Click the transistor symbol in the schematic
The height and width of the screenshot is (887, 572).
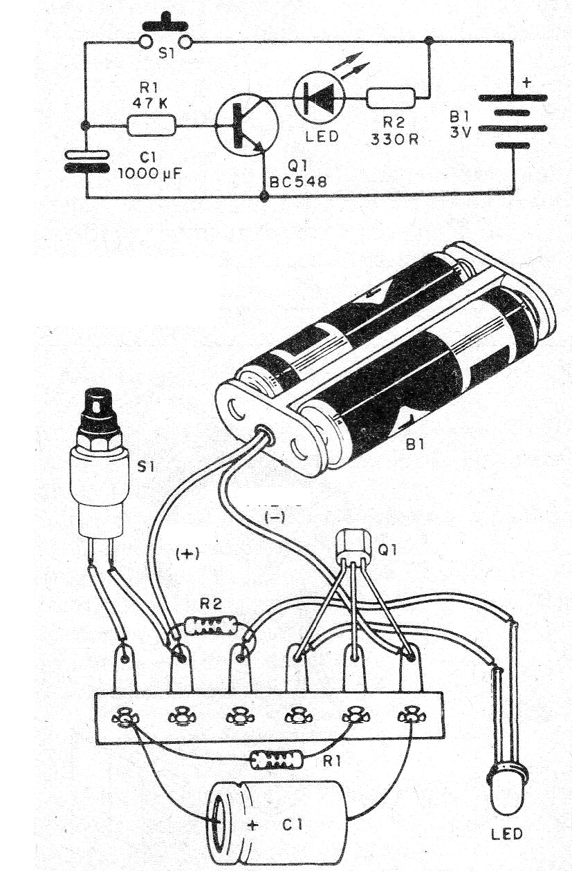246,126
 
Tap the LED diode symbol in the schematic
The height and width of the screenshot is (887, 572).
319,99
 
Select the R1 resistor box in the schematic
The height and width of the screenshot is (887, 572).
151,126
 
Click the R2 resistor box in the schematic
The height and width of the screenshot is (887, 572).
391,99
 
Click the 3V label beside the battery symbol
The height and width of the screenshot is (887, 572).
459,132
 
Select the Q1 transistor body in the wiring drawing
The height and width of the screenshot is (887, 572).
353,546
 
